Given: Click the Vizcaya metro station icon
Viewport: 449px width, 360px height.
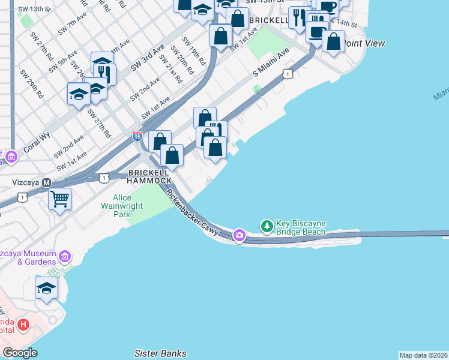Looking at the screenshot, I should tap(46, 182).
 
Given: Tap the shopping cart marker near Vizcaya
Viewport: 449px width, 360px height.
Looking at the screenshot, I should tap(59, 199).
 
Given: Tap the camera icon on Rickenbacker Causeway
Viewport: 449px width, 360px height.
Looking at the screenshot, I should tap(240, 235).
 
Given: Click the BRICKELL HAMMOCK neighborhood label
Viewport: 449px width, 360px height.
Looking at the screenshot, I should tap(149, 176).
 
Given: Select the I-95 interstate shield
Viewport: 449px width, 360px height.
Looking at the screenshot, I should tap(137, 136).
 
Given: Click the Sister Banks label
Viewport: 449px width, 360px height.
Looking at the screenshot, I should tap(160, 353).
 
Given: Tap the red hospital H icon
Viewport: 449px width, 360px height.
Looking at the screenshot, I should tap(23, 325).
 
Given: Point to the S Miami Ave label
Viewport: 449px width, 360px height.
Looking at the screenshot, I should tap(271, 62).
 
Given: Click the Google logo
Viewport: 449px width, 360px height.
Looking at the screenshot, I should tap(20, 353).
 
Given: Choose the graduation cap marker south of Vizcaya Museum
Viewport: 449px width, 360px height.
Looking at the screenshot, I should tap(46, 289).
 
